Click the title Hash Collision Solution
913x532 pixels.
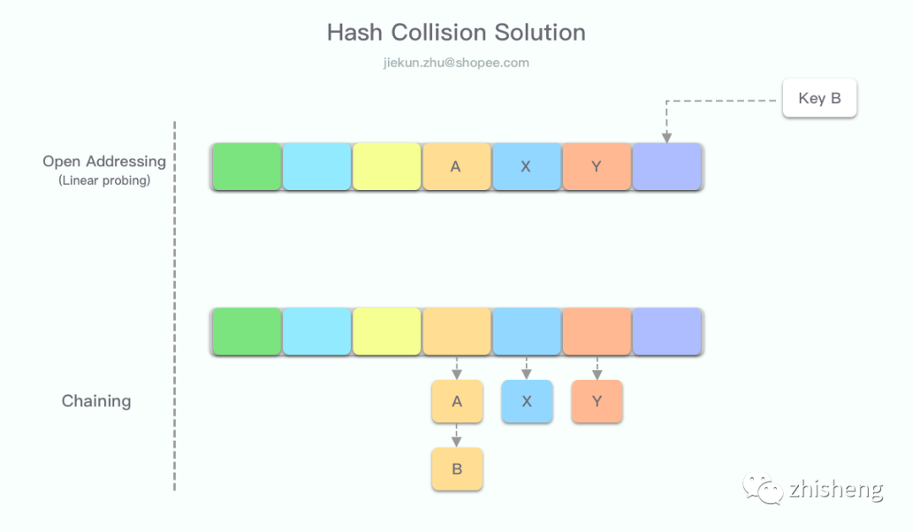pos(456,33)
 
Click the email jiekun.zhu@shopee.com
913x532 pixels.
pos(456,62)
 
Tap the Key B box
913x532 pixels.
pos(819,98)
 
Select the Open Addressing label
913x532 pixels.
pos(104,161)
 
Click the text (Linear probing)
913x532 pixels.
pos(104,180)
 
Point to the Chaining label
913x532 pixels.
pos(96,401)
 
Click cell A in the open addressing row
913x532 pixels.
pos(456,166)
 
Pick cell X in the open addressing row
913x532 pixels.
pos(526,166)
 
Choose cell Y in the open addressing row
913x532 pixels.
pos(596,166)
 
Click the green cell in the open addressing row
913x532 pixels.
pos(246,166)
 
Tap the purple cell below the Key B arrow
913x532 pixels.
pos(667,166)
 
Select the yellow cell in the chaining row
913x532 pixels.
pos(386,331)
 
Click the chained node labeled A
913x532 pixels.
pos(456,401)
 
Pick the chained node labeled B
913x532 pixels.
pos(456,469)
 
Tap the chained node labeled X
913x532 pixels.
pos(527,401)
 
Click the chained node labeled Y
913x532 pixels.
pos(597,401)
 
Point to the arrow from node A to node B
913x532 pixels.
pos(456,436)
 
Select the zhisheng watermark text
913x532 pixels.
pos(835,489)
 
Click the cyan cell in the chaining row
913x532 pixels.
pos(316,331)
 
